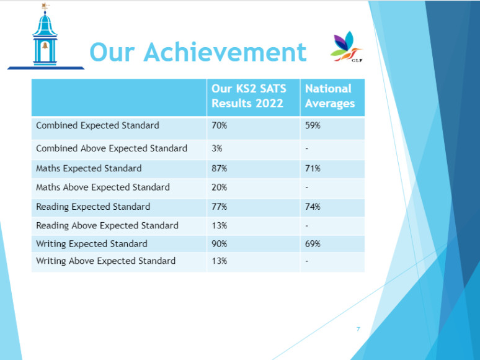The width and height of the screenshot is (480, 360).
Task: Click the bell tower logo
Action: (x=45, y=37)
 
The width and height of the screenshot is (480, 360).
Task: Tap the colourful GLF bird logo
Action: (x=347, y=47)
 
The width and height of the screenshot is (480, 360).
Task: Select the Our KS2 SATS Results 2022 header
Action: (x=249, y=96)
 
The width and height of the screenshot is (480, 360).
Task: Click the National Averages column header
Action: (x=330, y=96)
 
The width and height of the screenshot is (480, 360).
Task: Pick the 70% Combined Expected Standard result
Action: (x=219, y=125)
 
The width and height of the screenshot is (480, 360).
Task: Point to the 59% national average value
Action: (x=313, y=125)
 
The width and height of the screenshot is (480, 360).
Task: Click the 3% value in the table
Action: (x=216, y=148)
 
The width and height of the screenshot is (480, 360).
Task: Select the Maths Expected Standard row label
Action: (x=89, y=168)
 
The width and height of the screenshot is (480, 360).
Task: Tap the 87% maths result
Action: (x=219, y=168)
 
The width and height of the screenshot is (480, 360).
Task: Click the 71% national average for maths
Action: (x=313, y=168)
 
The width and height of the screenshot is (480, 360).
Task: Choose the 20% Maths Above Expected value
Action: (x=219, y=187)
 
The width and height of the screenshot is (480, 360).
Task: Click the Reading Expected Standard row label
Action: (x=93, y=207)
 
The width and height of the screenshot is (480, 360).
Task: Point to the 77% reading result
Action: (x=219, y=207)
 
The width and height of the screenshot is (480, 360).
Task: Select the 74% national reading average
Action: (x=313, y=207)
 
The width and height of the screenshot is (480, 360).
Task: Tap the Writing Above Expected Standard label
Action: (x=105, y=261)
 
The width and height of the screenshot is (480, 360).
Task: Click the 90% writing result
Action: (x=219, y=244)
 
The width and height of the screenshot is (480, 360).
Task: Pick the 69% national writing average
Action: (x=313, y=244)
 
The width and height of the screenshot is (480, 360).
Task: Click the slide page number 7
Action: (x=358, y=329)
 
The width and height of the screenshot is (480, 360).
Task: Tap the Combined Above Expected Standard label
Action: (x=112, y=148)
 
